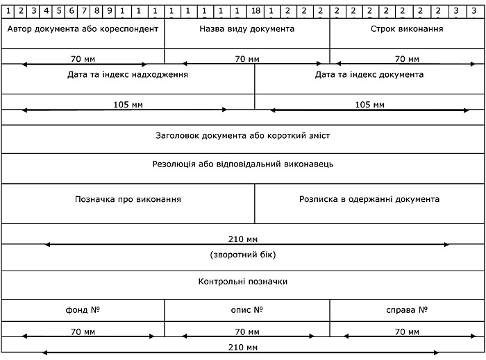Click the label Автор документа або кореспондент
(83, 29)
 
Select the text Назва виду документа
(246, 29)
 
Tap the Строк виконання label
(408, 29)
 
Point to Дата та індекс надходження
(128, 74)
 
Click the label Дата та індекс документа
(369, 74)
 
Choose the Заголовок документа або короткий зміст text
(243, 135)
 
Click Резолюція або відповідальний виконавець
(243, 164)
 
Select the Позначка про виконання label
(128, 199)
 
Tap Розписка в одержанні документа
(369, 199)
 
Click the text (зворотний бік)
(243, 255)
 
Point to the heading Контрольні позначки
(243, 282)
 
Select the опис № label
(246, 309)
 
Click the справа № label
(408, 309)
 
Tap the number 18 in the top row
(256, 11)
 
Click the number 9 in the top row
(110, 11)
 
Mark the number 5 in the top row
(59, 11)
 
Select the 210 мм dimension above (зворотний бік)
(243, 239)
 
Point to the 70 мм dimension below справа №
(408, 332)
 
